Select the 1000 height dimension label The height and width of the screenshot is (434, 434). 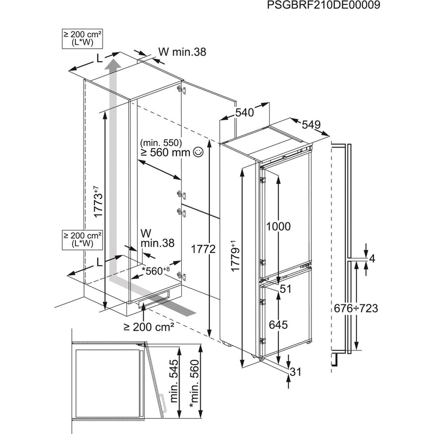278,226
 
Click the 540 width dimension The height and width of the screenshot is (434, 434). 245,113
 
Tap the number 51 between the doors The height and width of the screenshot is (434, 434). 285,290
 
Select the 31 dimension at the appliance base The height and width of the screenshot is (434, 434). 295,371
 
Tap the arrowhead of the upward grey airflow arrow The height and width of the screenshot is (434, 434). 113,66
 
